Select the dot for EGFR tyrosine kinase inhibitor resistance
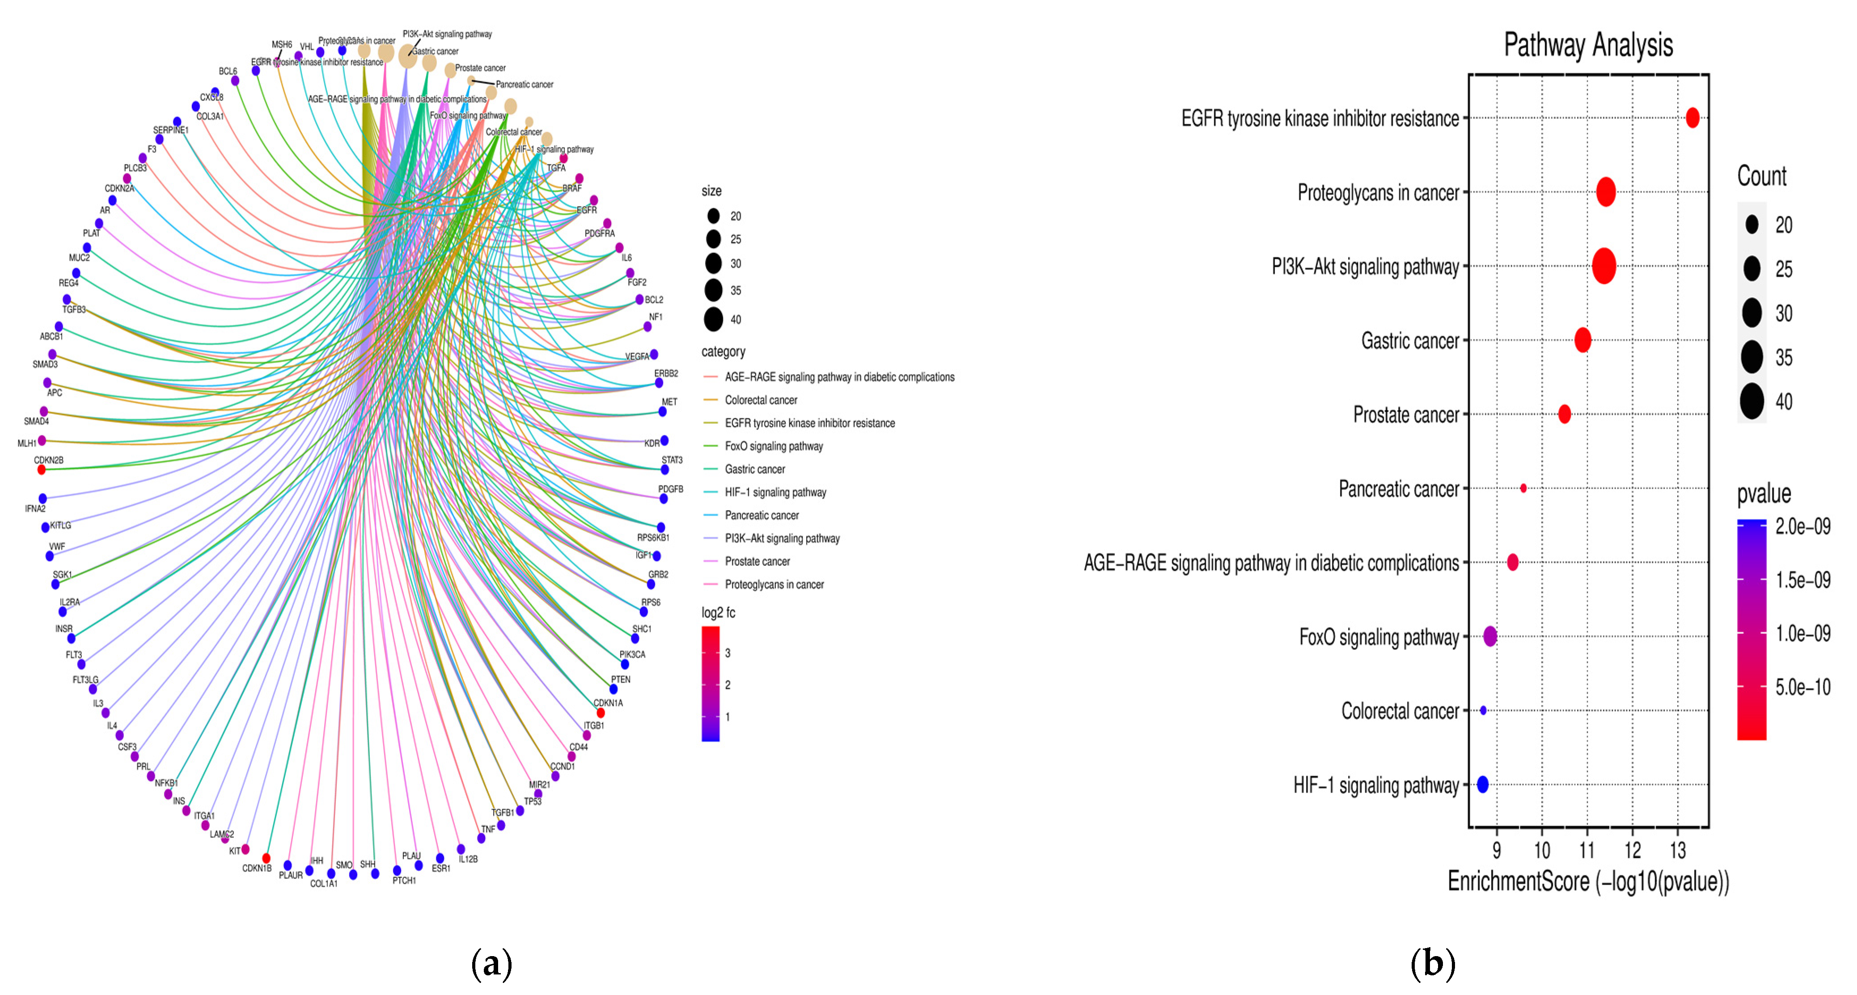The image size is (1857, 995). click(1692, 118)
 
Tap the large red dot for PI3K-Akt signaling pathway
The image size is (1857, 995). click(1603, 266)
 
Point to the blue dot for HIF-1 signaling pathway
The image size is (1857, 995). click(1482, 784)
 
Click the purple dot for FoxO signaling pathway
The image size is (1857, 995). click(1489, 636)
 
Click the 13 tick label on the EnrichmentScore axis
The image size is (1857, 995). click(1678, 851)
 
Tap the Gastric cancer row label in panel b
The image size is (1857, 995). click(1409, 341)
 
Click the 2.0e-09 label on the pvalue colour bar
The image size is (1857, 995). click(1802, 527)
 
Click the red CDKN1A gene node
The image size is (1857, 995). click(601, 713)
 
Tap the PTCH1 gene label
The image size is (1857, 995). click(404, 881)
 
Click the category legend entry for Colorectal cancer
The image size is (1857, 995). click(761, 400)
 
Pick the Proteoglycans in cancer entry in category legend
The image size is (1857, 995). click(774, 584)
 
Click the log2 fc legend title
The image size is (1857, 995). click(718, 612)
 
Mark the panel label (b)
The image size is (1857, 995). click(1432, 963)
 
